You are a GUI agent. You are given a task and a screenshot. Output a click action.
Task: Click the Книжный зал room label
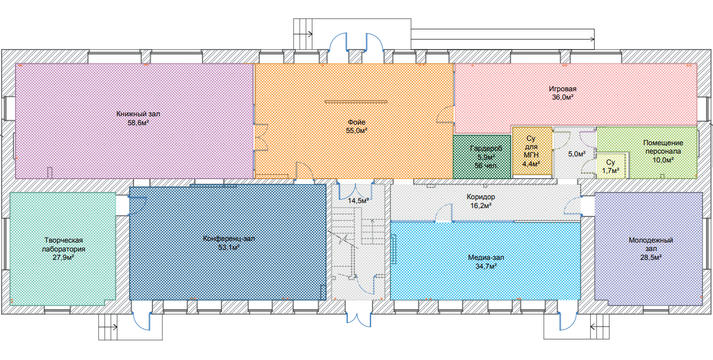point(138,114)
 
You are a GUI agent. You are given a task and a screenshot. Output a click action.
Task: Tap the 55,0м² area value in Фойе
point(356,131)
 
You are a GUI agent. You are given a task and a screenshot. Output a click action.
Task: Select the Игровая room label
point(562,89)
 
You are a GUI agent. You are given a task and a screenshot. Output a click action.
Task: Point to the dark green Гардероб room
point(482,156)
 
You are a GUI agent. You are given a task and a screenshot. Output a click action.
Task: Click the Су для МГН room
point(532,151)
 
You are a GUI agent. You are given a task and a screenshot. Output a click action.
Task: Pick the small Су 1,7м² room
point(611,166)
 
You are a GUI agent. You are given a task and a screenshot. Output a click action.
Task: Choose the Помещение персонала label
point(664,147)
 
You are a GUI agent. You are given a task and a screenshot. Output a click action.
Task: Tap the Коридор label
point(481,197)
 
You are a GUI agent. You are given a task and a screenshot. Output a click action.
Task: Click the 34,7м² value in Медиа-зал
point(486,266)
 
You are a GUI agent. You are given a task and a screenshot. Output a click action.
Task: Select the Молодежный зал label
point(651,244)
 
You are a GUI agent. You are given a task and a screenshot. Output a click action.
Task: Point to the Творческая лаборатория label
point(63,245)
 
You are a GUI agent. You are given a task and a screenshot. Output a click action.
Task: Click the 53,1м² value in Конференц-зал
point(229,247)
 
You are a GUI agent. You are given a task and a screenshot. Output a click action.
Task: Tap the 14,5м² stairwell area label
point(358,201)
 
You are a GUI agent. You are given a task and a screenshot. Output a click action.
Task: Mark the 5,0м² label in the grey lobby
point(577,154)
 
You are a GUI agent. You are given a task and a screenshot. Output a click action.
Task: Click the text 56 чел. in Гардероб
point(486,166)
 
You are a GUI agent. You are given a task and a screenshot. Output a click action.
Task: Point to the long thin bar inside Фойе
point(356,102)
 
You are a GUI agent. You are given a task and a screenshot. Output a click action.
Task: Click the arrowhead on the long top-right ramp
point(592,40)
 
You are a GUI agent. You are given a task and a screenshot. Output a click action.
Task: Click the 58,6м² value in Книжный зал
point(138,122)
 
